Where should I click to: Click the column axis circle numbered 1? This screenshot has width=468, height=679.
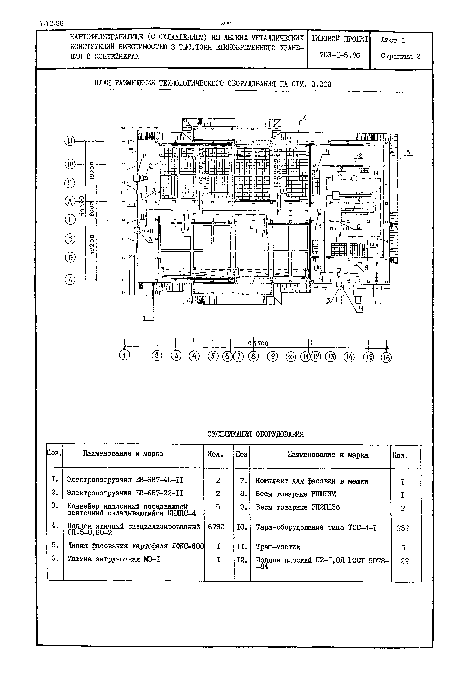125,356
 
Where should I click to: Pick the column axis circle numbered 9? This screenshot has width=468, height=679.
272,356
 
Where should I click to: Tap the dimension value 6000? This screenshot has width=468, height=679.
92,209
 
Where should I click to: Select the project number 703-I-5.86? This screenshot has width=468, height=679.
340,55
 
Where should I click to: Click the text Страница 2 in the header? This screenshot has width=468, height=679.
401,56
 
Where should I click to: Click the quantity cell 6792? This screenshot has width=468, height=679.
216,527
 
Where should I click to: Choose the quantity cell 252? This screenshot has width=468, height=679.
403,528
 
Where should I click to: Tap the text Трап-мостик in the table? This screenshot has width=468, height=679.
278,547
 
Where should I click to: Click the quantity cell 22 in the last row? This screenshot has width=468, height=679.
405,561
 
